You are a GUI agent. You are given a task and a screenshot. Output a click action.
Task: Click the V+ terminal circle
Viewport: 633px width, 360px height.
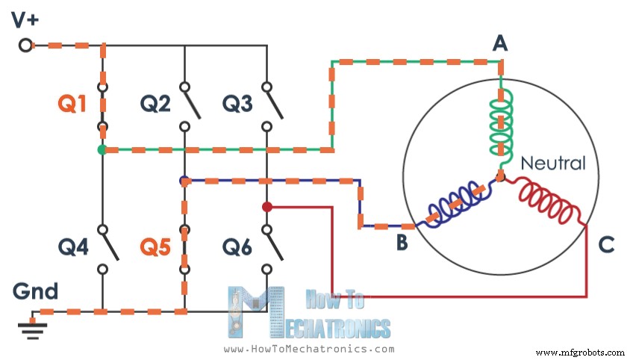coord(25,46)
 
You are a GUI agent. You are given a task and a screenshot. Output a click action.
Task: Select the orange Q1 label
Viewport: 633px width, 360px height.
coord(72,105)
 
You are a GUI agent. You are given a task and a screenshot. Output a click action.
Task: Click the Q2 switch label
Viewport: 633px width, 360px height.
coord(155,105)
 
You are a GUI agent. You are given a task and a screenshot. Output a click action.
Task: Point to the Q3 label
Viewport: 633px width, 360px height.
coord(237,105)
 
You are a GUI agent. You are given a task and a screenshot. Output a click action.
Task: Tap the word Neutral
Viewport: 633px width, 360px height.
coord(552,163)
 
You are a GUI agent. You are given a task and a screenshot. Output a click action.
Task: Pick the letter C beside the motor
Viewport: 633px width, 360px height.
coord(606,243)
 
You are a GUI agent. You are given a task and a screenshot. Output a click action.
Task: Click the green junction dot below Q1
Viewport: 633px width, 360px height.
coord(102,150)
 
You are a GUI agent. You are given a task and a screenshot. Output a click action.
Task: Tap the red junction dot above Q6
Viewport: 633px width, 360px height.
coord(266,207)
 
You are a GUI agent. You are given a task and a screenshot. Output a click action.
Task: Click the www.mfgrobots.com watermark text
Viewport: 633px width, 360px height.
coord(580,352)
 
